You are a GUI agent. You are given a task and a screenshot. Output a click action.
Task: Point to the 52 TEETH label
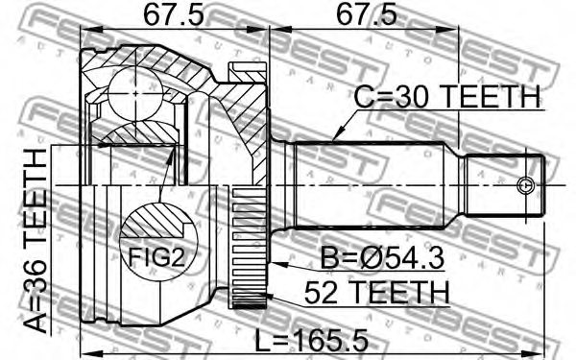tap(375, 290)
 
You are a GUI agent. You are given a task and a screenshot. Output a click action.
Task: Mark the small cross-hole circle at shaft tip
tap(524, 184)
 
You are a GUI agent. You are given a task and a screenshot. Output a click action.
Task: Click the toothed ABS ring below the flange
tap(248, 250)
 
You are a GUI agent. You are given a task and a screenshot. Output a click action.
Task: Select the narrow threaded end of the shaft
tap(499, 184)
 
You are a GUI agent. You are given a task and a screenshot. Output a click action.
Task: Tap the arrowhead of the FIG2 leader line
tap(173, 154)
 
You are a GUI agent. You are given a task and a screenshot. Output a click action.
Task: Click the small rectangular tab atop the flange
tap(249, 68)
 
